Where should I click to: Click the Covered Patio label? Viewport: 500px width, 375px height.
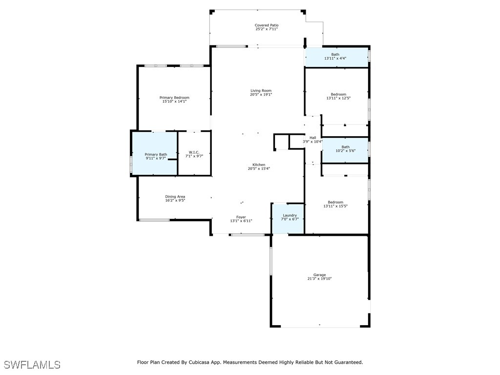[267, 25]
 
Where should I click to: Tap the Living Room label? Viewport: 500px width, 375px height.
[261, 90]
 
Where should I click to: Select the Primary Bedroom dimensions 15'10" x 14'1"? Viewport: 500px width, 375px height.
[174, 102]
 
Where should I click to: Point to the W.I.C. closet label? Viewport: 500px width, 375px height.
[194, 152]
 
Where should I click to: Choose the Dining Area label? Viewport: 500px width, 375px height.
[175, 196]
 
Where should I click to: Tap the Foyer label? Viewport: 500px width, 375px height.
[241, 217]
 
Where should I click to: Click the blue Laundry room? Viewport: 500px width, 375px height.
[288, 219]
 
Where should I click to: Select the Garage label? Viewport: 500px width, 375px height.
[319, 274]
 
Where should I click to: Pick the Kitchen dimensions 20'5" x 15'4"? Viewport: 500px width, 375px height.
[259, 168]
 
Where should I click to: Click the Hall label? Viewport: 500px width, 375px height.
[313, 138]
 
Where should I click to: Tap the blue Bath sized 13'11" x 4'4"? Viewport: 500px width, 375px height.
[337, 58]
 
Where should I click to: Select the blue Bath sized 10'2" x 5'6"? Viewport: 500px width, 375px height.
[345, 150]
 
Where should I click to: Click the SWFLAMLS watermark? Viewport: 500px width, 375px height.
[32, 365]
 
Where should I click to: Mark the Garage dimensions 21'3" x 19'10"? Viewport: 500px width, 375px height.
[319, 278]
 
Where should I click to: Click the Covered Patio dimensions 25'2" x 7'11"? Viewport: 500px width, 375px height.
[267, 29]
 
